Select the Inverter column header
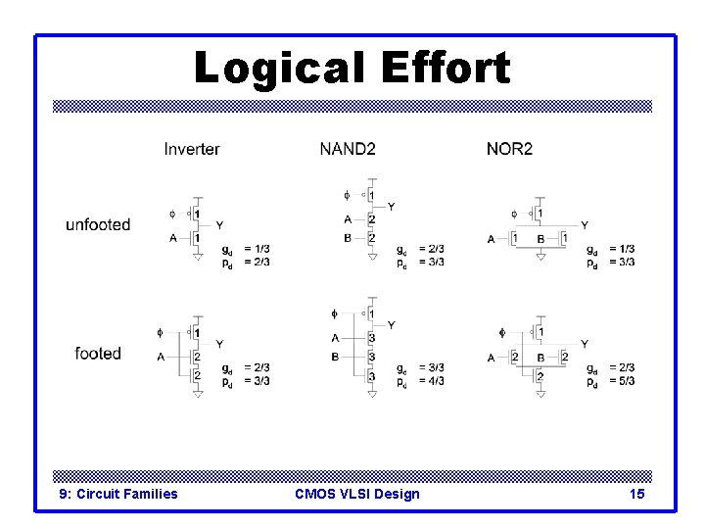tap(192, 149)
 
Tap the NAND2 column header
tap(347, 149)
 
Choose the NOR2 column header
tap(509, 149)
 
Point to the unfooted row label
tap(98, 224)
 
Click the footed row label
tap(98, 353)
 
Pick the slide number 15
tap(636, 494)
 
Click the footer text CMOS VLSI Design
tap(356, 494)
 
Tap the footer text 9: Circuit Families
tap(119, 494)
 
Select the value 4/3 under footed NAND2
tap(432, 380)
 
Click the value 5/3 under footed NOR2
tap(622, 380)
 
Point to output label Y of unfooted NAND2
tap(392, 207)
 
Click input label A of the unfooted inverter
tap(172, 238)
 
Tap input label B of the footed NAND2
tap(335, 357)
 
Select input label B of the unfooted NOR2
tap(540, 238)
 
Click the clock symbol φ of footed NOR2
tap(501, 333)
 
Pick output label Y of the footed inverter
tap(219, 344)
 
